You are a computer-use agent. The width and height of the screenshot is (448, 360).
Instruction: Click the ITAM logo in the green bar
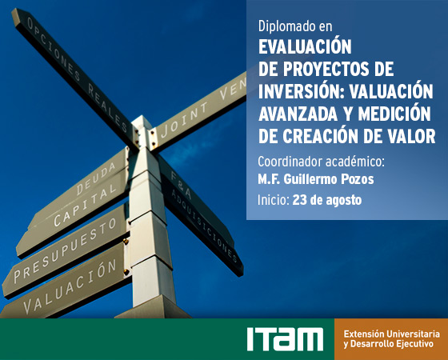pyautogui.click(x=285, y=339)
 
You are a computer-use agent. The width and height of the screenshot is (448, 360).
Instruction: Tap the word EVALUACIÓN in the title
pyautogui.click(x=305, y=46)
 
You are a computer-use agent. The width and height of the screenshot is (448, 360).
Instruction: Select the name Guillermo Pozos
pyautogui.click(x=329, y=180)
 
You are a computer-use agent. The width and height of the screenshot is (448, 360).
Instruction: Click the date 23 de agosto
pyautogui.click(x=327, y=200)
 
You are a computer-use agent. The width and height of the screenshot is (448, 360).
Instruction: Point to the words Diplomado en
pyautogui.click(x=295, y=26)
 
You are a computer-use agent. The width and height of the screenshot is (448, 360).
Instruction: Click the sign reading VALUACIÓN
pyautogui.click(x=70, y=286)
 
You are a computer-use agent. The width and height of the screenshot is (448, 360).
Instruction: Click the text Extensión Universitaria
pyautogui.click(x=392, y=334)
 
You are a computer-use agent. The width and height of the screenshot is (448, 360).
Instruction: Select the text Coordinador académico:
pyautogui.click(x=321, y=162)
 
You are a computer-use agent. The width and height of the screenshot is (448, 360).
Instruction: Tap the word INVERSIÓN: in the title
pyautogui.click(x=302, y=91)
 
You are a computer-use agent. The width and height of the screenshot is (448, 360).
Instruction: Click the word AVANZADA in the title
pyautogui.click(x=298, y=114)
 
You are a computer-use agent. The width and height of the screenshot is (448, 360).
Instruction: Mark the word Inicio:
pyautogui.click(x=274, y=200)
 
